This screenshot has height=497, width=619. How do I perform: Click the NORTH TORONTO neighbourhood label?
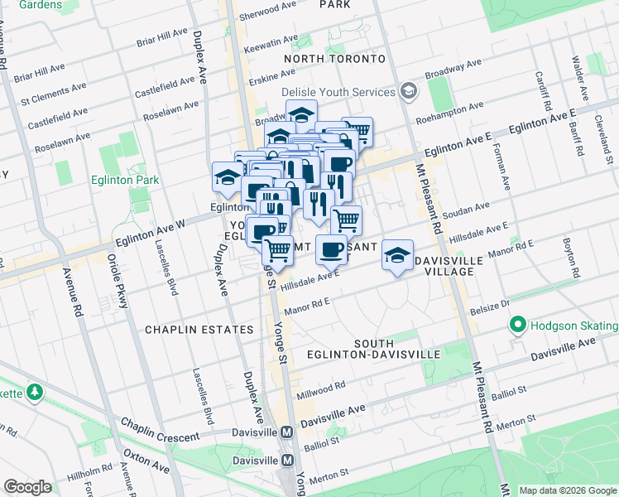(334, 60)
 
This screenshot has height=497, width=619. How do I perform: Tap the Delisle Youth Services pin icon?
(407, 90)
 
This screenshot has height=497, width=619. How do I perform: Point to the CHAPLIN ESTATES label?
(199, 330)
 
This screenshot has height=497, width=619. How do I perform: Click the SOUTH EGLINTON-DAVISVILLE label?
(396, 349)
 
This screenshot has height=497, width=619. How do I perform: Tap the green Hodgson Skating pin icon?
(519, 326)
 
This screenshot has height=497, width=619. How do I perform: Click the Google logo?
(27, 487)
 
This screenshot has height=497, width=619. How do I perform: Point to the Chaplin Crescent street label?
(161, 430)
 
